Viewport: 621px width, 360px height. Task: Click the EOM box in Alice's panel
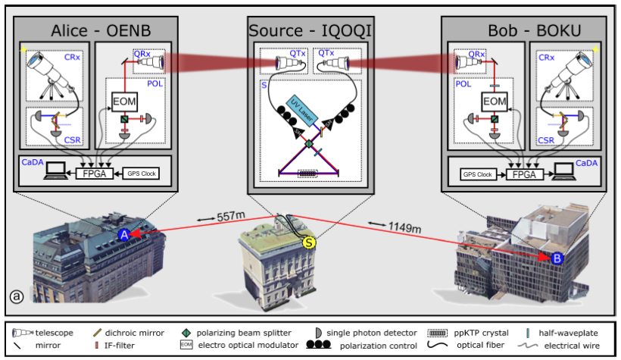(125, 101)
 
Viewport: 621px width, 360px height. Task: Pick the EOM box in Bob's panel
(494, 101)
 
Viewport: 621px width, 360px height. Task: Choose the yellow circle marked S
(309, 243)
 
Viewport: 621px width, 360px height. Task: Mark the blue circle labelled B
(557, 258)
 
